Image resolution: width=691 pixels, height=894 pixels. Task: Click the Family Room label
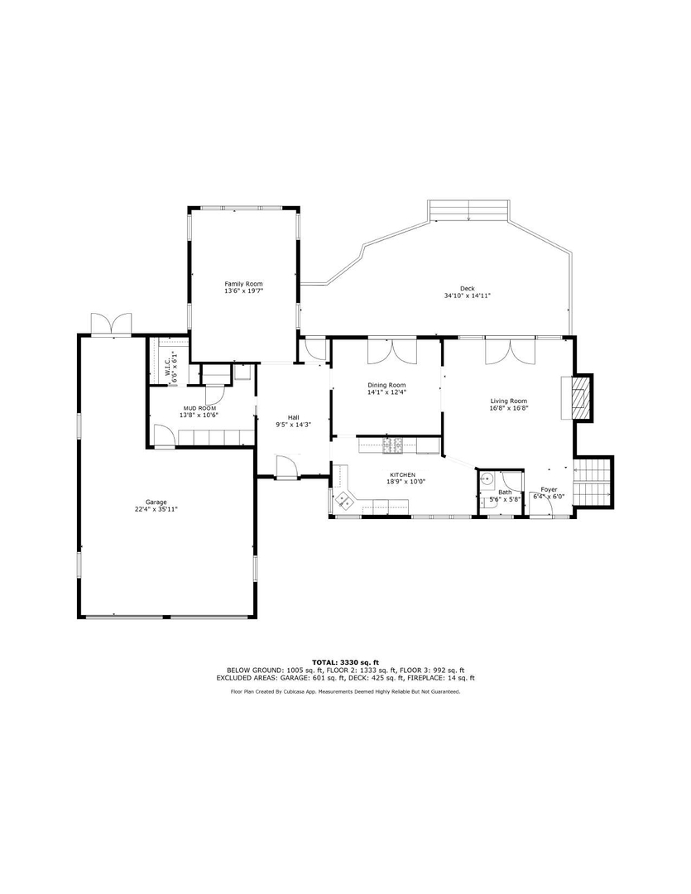[243, 284]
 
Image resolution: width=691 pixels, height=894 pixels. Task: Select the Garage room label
[156, 502]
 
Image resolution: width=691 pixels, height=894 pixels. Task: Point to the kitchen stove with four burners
[392, 447]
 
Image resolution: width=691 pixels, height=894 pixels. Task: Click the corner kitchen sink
[343, 499]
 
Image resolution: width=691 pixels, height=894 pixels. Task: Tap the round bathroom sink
[488, 478]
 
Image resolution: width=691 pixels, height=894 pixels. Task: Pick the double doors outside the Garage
[112, 323]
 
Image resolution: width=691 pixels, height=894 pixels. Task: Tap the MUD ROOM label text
[199, 408]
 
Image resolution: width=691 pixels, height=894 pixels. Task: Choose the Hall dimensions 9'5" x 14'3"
[293, 425]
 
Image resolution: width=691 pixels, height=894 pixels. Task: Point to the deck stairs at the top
[468, 209]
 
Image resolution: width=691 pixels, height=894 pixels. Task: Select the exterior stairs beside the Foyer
[593, 480]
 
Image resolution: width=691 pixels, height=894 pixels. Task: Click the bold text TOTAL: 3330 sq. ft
[345, 662]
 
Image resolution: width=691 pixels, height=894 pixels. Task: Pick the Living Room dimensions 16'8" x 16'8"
[508, 408]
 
